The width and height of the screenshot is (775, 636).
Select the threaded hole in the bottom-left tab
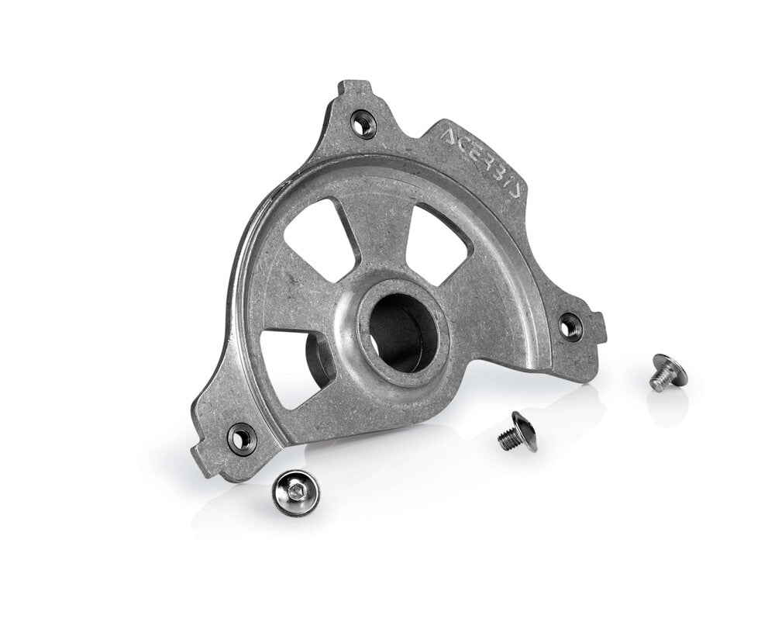pyautogui.click(x=240, y=437)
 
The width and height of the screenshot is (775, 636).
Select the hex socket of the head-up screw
pyautogui.click(x=294, y=489)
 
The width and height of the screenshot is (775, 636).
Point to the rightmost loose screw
pyautogui.click(x=665, y=372)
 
